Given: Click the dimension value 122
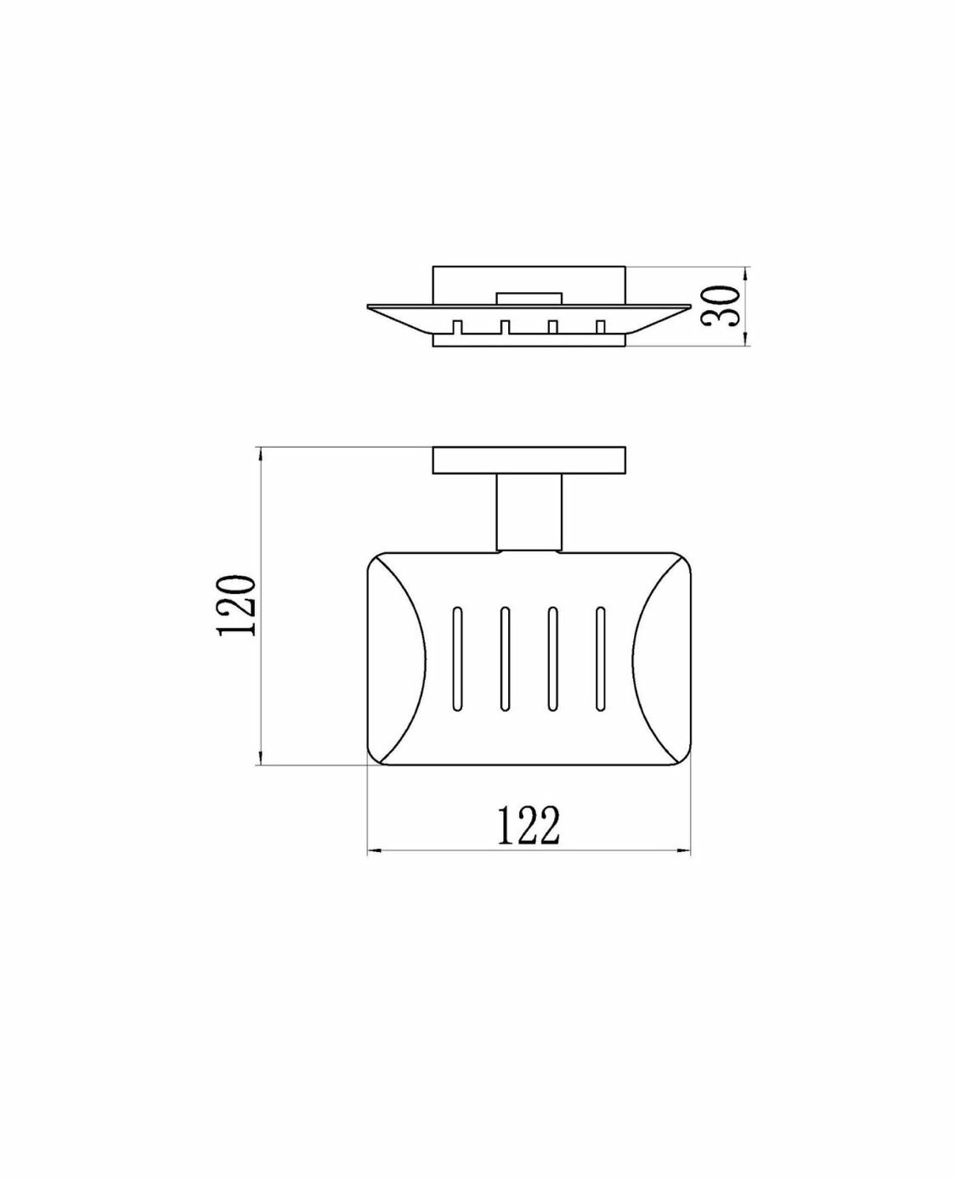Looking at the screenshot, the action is (529, 840).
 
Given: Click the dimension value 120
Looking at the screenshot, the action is (238, 606).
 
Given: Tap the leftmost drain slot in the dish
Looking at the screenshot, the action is (457, 659).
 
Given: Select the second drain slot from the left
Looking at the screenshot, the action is (504, 659).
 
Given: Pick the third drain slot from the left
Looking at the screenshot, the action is (552, 659).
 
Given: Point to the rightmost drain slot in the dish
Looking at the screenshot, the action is (600, 659).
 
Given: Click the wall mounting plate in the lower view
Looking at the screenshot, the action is (529, 460).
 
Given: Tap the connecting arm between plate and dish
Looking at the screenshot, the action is (529, 514).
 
